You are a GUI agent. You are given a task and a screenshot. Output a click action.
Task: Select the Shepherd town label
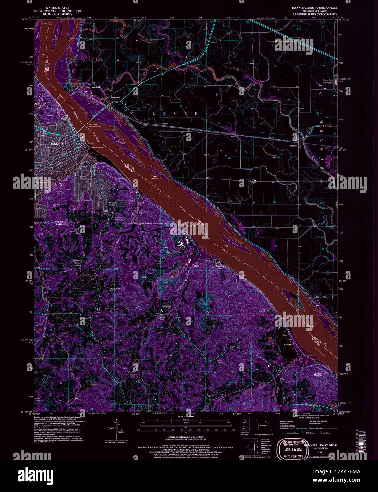pyautogui.click(x=115, y=97)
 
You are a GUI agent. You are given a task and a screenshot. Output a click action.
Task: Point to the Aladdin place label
pyautogui.click(x=164, y=124)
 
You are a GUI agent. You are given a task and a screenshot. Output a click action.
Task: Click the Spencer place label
pyautogui.click(x=293, y=145)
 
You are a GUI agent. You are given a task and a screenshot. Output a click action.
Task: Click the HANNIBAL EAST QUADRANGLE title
pyautogui.click(x=314, y=7)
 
